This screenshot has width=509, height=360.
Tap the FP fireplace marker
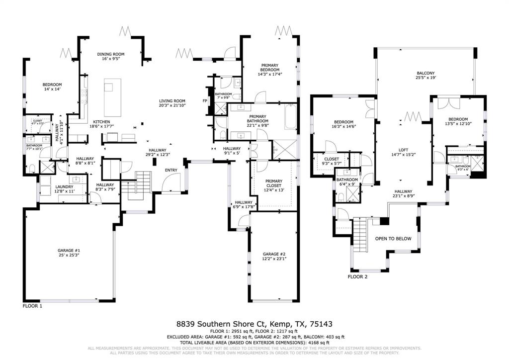click(x=204, y=101)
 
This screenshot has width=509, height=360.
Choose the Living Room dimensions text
click(x=172, y=105)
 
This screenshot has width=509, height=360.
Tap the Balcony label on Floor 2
click(x=425, y=74)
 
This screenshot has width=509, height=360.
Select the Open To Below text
click(x=393, y=239)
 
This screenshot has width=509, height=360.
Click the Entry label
click(x=171, y=171)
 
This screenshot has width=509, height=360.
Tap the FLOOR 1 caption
click(x=33, y=306)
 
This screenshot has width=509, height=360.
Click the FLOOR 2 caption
click(x=357, y=276)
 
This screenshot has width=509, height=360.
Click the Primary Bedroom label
click(x=270, y=67)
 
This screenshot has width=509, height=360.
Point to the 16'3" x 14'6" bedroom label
click(x=343, y=122)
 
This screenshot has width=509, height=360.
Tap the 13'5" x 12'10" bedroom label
click(x=457, y=119)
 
